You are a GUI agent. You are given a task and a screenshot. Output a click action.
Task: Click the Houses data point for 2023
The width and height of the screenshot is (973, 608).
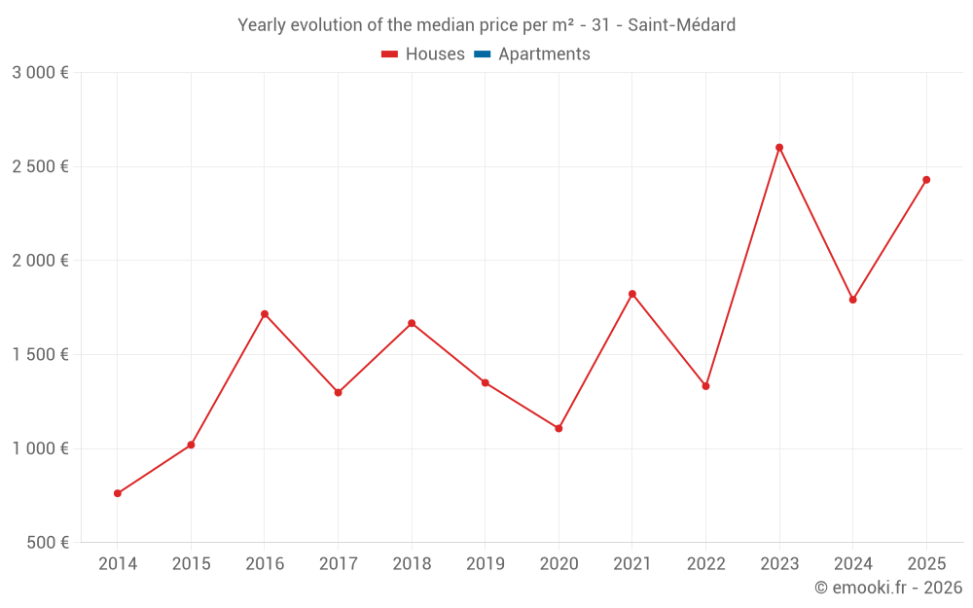[x=779, y=148]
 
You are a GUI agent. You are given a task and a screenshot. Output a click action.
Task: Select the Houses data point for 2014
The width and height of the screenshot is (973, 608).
[x=118, y=493]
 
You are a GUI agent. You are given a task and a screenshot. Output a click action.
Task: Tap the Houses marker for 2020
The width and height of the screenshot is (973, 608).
[x=559, y=428]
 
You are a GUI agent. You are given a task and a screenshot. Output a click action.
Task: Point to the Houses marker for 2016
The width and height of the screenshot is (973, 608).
[x=265, y=314]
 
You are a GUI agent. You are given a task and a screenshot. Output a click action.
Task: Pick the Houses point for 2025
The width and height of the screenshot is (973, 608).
[x=926, y=180]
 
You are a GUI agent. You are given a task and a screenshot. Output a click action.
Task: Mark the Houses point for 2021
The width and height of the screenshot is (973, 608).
[x=632, y=294]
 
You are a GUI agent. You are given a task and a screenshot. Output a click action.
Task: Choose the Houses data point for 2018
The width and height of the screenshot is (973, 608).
[x=412, y=323]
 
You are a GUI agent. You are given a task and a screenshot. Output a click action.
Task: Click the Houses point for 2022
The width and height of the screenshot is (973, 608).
[x=705, y=386]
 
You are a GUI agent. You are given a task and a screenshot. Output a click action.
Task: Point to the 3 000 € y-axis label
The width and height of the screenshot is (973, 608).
[x=40, y=73]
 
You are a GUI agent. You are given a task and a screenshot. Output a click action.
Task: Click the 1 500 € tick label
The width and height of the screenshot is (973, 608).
[x=40, y=355]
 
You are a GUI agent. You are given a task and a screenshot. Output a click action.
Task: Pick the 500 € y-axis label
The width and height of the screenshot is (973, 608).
[x=47, y=543]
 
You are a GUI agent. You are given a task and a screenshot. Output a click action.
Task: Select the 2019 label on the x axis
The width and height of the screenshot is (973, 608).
[x=485, y=564]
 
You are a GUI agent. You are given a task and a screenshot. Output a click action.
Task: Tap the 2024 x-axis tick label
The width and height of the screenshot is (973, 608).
[x=852, y=564]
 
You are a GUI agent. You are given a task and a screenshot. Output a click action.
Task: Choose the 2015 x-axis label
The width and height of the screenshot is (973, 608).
[x=191, y=564]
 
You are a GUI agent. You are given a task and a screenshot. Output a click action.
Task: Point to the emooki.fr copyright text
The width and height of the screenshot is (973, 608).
[x=887, y=588]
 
